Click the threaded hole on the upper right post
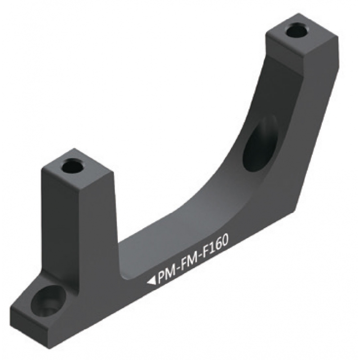(x=297, y=31)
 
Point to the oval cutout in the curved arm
(x=260, y=143)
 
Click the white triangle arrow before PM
(x=151, y=281)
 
